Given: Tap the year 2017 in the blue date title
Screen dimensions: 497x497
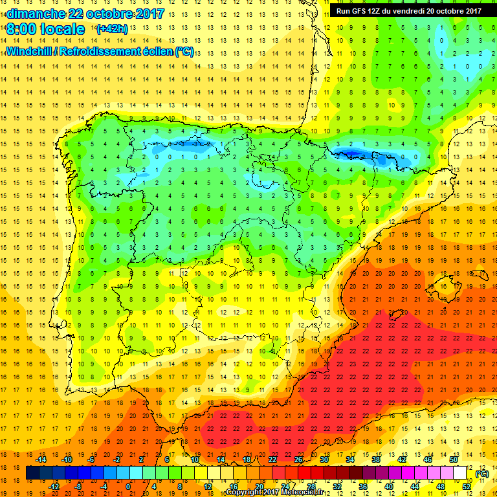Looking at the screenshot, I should point(148,13).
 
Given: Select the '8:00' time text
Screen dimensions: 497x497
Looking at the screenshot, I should point(22,29).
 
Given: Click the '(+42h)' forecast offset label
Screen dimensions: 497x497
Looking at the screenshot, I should point(111,29).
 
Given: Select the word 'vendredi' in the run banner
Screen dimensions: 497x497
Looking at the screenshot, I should point(422,10).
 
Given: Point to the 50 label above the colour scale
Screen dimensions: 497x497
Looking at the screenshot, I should point(453,459).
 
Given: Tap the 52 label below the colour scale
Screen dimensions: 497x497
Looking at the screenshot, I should point(466,487).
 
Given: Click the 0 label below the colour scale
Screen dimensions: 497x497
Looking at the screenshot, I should point(128,487).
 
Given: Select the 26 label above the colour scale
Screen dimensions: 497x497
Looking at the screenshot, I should point(298,459).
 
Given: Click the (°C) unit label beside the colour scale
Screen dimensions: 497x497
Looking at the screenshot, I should point(482,474).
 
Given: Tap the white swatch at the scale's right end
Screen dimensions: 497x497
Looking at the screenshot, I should point(460,473).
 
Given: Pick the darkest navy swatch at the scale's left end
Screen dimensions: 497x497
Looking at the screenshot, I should point(33,473).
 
